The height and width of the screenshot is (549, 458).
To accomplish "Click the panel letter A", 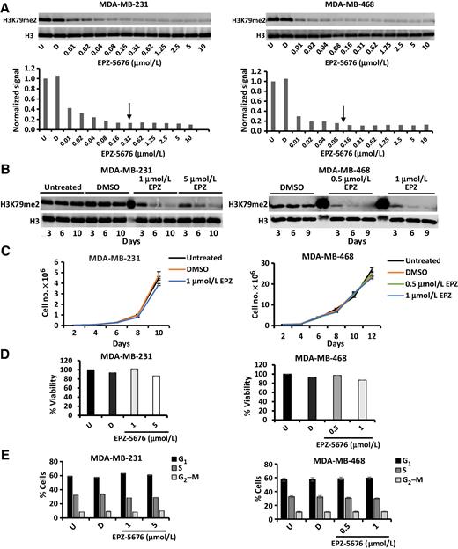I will click(8, 7).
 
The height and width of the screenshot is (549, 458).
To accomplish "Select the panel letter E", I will click(8, 448).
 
